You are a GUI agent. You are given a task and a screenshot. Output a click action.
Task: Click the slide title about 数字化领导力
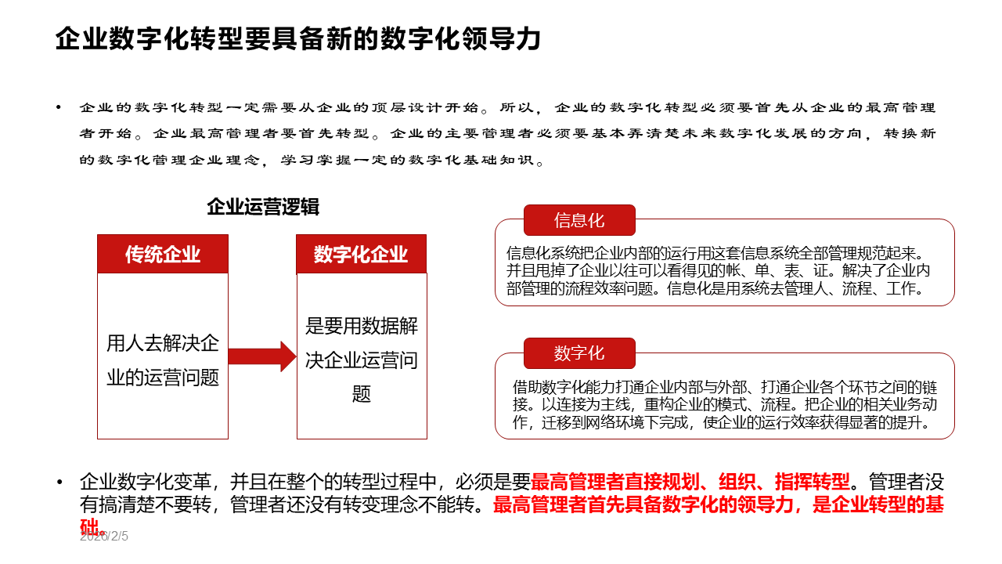tap(297, 38)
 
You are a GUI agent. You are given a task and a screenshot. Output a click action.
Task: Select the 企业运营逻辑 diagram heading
tap(263, 207)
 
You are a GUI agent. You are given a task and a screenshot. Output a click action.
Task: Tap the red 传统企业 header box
tap(163, 254)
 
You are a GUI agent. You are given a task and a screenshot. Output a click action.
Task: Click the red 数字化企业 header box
tap(361, 254)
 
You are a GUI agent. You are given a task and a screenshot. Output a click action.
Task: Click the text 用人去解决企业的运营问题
tap(163, 360)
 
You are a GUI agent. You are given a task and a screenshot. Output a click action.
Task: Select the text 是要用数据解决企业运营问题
tap(361, 360)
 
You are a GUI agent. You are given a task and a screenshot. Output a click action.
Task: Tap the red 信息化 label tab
tap(579, 220)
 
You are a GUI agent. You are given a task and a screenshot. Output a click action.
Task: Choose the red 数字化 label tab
tap(579, 353)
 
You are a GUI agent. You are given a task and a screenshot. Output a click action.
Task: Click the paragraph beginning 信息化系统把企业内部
tap(719, 270)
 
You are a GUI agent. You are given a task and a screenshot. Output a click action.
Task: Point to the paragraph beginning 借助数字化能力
tap(724, 405)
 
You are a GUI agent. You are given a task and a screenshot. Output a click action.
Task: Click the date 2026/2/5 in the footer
tap(103, 537)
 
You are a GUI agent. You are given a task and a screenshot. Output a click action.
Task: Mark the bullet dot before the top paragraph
tap(59, 108)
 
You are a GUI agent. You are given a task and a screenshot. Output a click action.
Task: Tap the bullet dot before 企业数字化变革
tap(59, 482)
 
